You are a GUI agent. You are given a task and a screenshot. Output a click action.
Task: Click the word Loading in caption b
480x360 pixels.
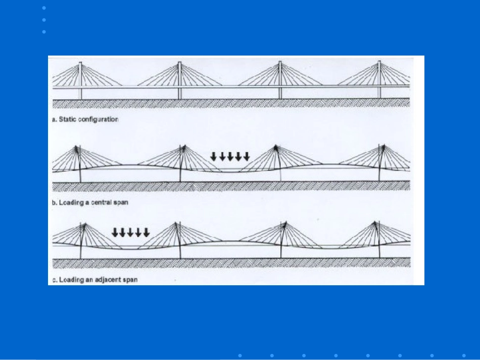(x=71, y=203)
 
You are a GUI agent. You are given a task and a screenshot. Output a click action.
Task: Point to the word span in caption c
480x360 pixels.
(x=129, y=280)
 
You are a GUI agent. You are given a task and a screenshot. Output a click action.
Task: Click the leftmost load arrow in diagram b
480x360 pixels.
(x=213, y=157)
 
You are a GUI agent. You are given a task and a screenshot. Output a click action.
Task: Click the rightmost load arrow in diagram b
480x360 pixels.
(x=247, y=157)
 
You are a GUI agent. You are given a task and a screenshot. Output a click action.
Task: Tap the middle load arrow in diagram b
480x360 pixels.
(x=230, y=157)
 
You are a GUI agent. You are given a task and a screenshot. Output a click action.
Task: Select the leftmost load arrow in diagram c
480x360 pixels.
(x=115, y=232)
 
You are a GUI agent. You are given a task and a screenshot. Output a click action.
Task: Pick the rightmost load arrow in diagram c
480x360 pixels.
(x=147, y=232)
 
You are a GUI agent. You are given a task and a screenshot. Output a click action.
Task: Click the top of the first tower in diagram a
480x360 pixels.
(x=80, y=63)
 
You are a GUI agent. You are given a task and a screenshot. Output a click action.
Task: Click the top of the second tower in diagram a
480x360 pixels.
(x=180, y=62)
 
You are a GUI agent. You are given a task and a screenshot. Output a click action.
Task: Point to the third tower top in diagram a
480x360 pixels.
(x=280, y=62)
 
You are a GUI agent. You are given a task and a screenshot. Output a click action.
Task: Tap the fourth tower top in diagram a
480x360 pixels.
(x=379, y=61)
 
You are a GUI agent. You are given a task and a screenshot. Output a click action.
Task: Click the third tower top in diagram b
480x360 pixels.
(x=275, y=146)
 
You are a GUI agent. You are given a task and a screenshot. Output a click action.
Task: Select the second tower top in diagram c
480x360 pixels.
(x=176, y=223)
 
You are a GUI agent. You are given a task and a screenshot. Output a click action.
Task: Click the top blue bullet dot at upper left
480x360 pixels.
(x=44, y=8)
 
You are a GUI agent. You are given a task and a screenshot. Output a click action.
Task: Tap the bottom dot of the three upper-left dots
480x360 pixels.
(x=44, y=32)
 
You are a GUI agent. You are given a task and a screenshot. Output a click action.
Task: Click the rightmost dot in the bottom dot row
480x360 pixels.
(x=464, y=355)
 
